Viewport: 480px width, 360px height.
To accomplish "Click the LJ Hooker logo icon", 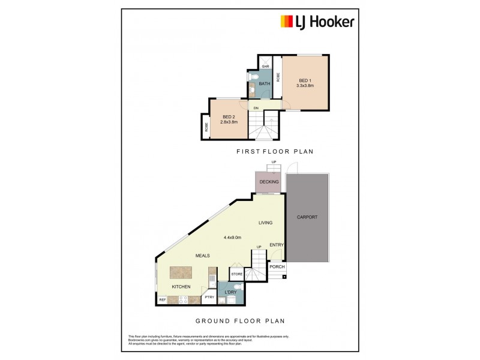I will click(287, 22).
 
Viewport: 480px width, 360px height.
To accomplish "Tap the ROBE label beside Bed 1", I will click(278, 77).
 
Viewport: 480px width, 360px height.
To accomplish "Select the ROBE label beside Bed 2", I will click(206, 127).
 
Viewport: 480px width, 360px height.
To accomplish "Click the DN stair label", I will click(256, 108).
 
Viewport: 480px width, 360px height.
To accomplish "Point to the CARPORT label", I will click(307, 217).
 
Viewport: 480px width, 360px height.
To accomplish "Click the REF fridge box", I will click(162, 299).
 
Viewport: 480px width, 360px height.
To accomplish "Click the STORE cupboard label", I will click(236, 275).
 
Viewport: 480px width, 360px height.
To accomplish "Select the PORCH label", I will click(277, 267).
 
